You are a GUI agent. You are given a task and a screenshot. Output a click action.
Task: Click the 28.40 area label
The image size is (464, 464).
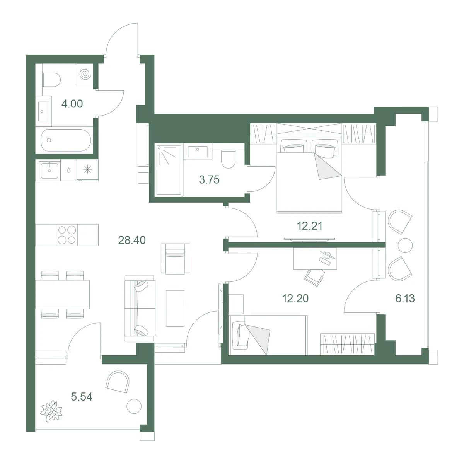[x=132, y=240]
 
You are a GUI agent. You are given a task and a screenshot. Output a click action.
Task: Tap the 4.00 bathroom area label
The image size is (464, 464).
[x=72, y=104]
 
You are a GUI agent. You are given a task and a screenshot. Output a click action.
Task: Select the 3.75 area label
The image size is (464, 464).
[x=209, y=180]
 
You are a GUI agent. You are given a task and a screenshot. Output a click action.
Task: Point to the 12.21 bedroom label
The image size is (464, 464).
[x=309, y=226]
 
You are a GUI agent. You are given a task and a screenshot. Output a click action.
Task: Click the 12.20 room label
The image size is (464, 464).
[x=295, y=299]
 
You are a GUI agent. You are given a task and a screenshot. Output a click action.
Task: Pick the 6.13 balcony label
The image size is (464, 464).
[x=405, y=299]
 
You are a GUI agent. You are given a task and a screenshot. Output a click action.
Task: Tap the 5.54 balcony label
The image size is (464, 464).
[x=82, y=397]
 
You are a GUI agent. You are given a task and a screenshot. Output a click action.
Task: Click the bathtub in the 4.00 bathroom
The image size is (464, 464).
[x=66, y=140]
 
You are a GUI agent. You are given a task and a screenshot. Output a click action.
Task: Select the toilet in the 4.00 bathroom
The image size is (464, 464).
[x=51, y=80]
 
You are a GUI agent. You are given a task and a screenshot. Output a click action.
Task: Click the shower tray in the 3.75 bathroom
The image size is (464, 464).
[x=169, y=170]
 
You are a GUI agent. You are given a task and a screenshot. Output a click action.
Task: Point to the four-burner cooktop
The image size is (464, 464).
[x=67, y=235]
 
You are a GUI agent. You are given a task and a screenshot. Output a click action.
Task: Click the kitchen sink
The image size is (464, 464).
[x=49, y=171]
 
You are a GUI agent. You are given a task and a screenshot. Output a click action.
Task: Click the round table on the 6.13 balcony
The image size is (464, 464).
[x=405, y=246]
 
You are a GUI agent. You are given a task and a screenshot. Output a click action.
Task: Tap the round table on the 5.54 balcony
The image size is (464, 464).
[x=134, y=406]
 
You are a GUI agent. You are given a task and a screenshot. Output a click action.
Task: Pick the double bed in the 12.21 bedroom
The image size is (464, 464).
[x=309, y=174]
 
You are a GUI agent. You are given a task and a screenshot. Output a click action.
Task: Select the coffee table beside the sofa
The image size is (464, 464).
[x=175, y=309]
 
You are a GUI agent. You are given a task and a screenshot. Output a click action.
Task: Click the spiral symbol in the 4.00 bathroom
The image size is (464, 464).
[x=85, y=74]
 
